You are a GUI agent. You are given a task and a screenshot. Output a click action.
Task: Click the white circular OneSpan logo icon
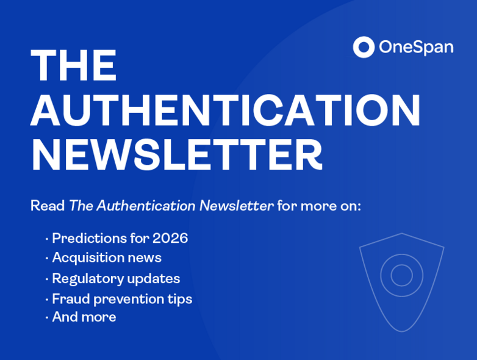coord(364,47)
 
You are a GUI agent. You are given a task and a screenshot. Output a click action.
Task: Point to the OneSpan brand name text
coord(416,47)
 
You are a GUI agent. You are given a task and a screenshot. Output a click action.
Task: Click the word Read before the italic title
coord(48,206)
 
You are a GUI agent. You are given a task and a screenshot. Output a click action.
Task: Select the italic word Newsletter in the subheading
coord(237,206)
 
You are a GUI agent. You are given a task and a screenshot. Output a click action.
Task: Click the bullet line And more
coord(84,317)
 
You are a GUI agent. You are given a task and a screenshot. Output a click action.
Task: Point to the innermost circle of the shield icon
coord(401,275)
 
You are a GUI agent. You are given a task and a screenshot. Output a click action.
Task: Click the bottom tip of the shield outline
coord(402,331)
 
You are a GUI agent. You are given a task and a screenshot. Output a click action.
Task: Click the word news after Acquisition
coord(144,258)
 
